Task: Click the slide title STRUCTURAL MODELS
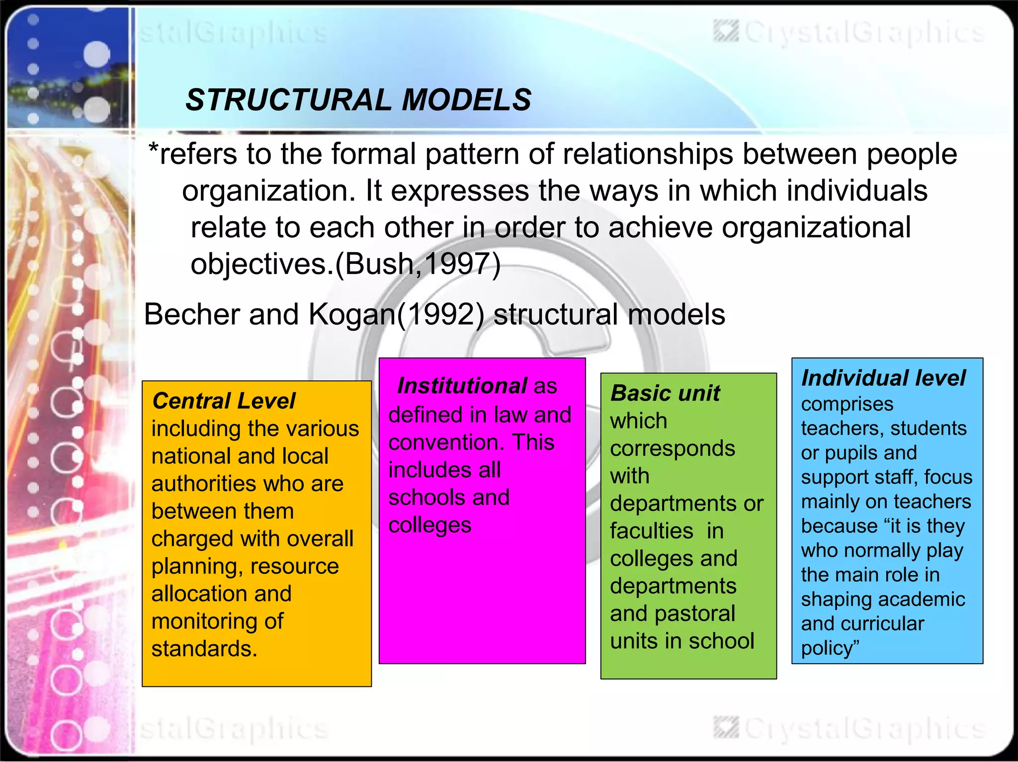(358, 99)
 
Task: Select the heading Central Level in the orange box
(224, 401)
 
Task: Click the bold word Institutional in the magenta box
(462, 386)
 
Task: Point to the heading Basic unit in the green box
(665, 393)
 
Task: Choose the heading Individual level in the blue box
(883, 378)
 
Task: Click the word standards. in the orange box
(204, 649)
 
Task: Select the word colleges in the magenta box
(430, 525)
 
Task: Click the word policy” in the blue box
(830, 648)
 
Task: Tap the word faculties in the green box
(651, 531)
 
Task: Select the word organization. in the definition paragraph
(269, 191)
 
